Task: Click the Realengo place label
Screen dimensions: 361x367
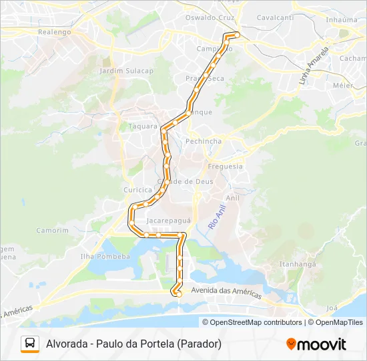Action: pyautogui.click(x=54, y=31)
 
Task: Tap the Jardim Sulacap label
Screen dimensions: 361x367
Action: pyautogui.click(x=126, y=70)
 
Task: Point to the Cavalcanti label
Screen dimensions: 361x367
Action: pyautogui.click(x=275, y=17)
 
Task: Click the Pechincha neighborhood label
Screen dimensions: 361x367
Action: pyautogui.click(x=204, y=141)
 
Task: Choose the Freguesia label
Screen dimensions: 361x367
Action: pyautogui.click(x=226, y=166)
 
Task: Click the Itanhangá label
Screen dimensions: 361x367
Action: pyautogui.click(x=297, y=264)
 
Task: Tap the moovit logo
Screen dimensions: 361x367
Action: pyautogui.click(x=316, y=344)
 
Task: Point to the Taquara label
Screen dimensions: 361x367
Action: pyautogui.click(x=142, y=126)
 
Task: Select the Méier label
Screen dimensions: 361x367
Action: pyautogui.click(x=342, y=86)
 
